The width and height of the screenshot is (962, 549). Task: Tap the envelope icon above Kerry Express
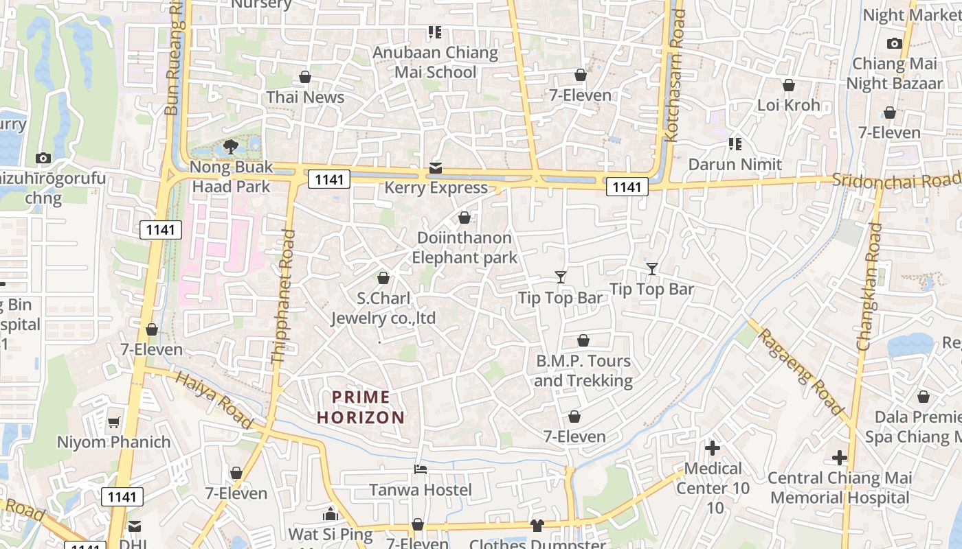(436, 167)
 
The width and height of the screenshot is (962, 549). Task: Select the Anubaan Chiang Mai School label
(435, 62)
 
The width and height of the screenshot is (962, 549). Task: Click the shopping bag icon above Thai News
(305, 77)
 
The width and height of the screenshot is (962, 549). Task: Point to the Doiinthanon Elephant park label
(465, 248)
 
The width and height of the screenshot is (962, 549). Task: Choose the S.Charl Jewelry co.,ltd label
(383, 308)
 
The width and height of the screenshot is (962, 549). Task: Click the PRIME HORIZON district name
(361, 407)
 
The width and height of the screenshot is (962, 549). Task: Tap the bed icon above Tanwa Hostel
(421, 469)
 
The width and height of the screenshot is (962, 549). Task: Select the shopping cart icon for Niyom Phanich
(114, 422)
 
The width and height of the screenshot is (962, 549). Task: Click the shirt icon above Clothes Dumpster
(537, 526)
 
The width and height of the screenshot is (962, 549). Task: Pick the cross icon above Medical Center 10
(713, 448)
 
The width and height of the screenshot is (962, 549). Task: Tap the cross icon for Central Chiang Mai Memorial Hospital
(840, 458)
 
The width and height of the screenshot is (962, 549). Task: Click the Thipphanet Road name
(283, 296)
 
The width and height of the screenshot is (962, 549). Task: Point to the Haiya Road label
(212, 400)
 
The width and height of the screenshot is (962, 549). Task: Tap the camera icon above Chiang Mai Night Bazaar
(894, 44)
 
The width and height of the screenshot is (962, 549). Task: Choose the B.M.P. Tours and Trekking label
(583, 371)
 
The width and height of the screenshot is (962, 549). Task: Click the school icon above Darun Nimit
(735, 144)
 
